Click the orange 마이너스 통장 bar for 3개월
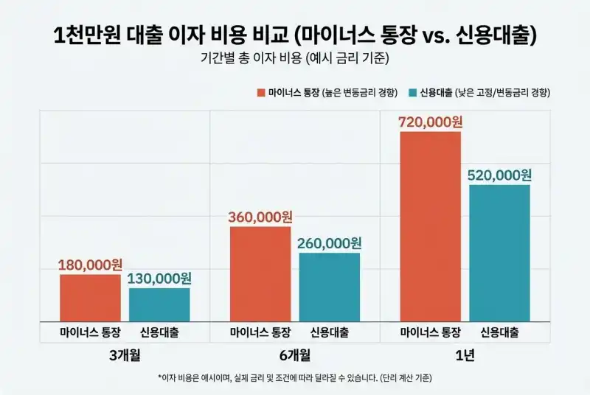[x=90, y=298]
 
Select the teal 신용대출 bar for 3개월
[x=159, y=304]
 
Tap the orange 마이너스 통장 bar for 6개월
[x=260, y=273]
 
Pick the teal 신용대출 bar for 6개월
[x=330, y=287]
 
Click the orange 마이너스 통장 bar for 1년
[x=430, y=226]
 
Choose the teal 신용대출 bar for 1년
[x=499, y=253]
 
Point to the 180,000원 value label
[x=91, y=265]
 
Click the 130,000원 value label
[x=159, y=279]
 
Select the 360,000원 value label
[x=260, y=217]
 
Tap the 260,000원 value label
[x=330, y=243]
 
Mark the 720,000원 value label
[x=430, y=122]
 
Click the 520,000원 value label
[x=499, y=175]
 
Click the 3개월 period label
[x=124, y=354]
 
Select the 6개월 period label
[x=294, y=354]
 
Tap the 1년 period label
[x=465, y=354]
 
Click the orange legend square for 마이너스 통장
[x=260, y=93]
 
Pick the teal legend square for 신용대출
[x=412, y=93]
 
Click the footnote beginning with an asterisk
[x=294, y=378]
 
